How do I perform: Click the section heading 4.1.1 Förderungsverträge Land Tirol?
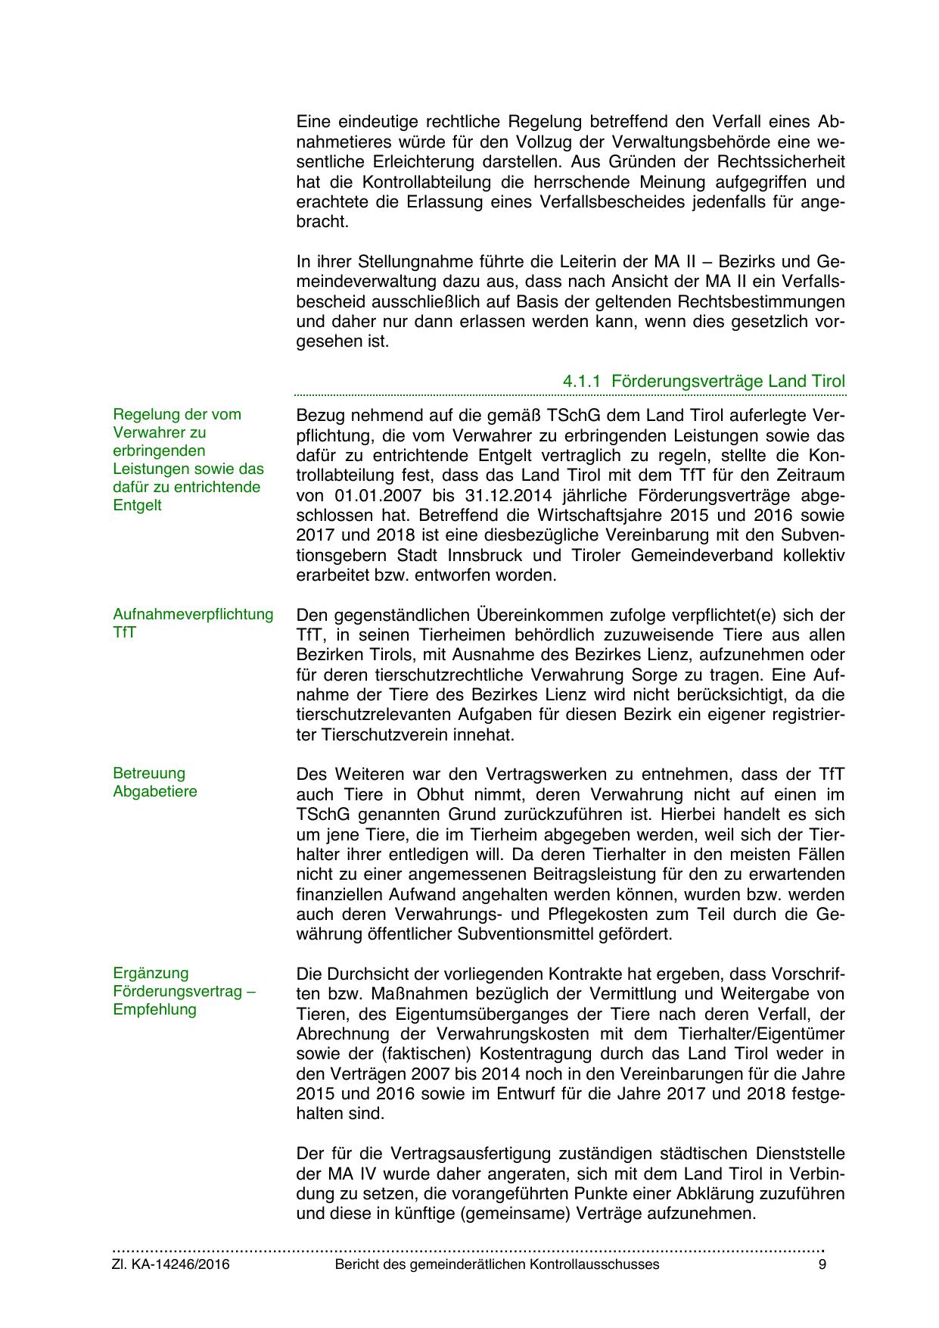tap(704, 381)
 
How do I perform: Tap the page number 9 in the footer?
tap(822, 1264)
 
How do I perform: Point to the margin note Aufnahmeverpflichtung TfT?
tap(193, 623)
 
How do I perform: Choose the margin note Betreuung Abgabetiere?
tap(155, 782)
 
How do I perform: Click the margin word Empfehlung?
tap(154, 1009)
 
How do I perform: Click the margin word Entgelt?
tap(137, 505)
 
